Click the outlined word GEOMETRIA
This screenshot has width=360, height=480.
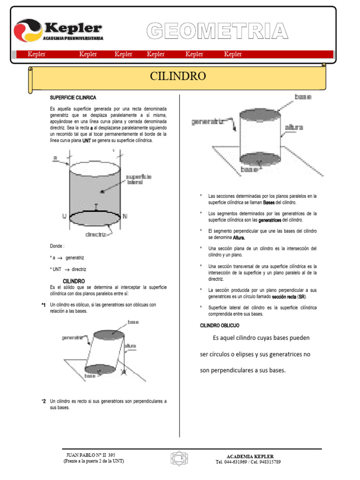click(217, 31)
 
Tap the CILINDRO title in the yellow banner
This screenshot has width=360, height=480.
click(178, 76)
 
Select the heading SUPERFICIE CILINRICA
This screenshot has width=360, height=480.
click(73, 97)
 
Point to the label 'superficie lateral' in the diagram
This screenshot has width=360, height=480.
click(139, 179)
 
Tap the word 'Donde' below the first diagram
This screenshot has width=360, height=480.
click(57, 246)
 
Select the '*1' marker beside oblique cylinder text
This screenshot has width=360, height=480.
click(44, 305)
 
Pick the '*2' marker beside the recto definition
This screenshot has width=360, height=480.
click(44, 401)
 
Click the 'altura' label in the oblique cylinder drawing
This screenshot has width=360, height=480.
click(130, 345)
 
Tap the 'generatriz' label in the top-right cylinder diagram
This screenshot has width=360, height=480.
click(207, 121)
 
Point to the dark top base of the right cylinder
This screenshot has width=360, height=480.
click(260, 114)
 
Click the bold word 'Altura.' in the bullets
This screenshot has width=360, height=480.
click(239, 238)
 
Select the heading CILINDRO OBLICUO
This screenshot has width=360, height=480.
click(219, 325)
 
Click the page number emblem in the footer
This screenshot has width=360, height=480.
click(178, 457)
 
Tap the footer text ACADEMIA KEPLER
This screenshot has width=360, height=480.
click(250, 456)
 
